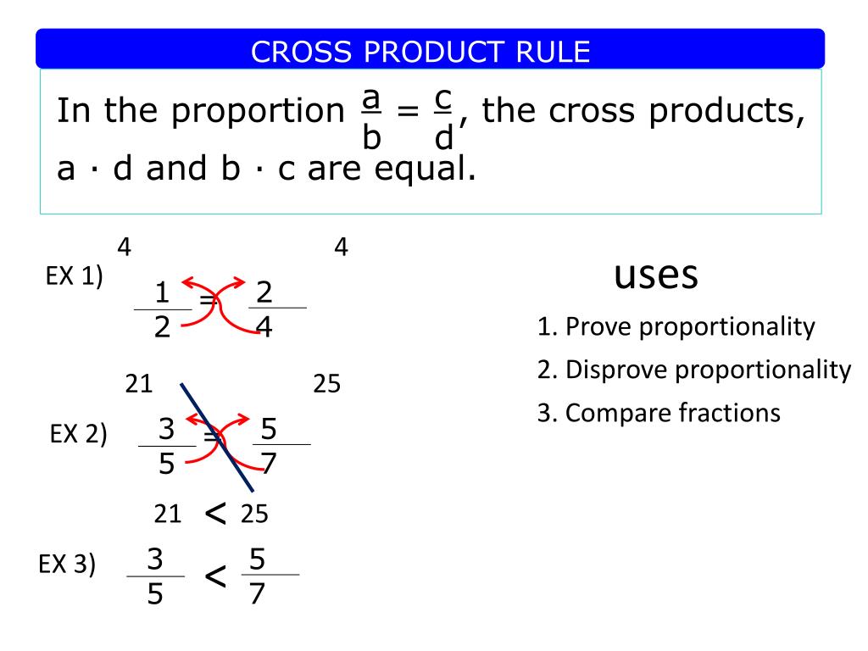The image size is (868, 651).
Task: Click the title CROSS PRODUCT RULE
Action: (x=420, y=52)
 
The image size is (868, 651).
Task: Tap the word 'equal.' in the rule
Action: (x=425, y=170)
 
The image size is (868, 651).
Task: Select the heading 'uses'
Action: (x=656, y=275)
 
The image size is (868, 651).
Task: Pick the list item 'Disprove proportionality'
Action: (x=708, y=370)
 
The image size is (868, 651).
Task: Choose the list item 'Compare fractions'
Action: (x=672, y=413)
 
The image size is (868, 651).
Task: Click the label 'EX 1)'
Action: (x=75, y=276)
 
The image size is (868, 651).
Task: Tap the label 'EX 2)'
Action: (x=78, y=434)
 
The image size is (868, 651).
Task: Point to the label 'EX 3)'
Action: (x=67, y=565)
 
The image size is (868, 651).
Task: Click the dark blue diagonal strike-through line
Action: (x=217, y=437)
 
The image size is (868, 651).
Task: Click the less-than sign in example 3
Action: (x=215, y=576)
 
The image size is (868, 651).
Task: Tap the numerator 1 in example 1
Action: (x=162, y=292)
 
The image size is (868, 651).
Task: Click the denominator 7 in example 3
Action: (x=257, y=594)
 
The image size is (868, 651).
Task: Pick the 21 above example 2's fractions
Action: (x=138, y=384)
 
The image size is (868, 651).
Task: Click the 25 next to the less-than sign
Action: (x=254, y=515)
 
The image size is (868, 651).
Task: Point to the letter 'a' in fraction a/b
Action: (x=371, y=98)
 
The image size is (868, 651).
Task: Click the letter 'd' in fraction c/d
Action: (x=444, y=136)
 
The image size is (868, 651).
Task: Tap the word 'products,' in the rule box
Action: (x=726, y=113)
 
